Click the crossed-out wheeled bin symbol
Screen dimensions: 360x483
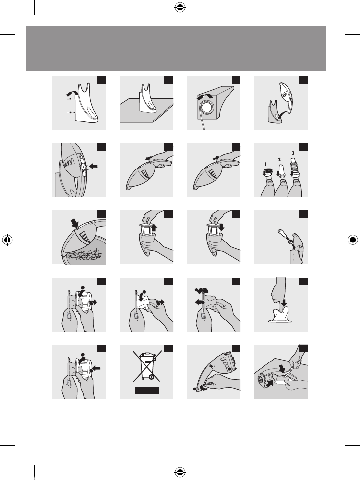pos(146,366)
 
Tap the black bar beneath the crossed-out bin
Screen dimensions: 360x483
pos(147,390)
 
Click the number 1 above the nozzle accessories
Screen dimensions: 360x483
pos(266,164)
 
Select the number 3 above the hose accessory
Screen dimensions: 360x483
pos(293,153)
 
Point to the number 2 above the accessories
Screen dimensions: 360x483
pos(279,159)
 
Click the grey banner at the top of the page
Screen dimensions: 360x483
pos(176,48)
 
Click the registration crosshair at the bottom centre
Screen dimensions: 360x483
pos(180,472)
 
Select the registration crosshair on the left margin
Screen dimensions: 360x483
pos(7,240)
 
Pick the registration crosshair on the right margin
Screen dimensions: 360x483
pos(353,240)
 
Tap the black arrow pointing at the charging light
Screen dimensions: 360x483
pos(94,167)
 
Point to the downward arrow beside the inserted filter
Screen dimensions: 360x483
pos(221,227)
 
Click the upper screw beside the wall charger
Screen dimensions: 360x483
pos(70,99)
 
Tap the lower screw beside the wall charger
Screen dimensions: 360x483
pos(70,113)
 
